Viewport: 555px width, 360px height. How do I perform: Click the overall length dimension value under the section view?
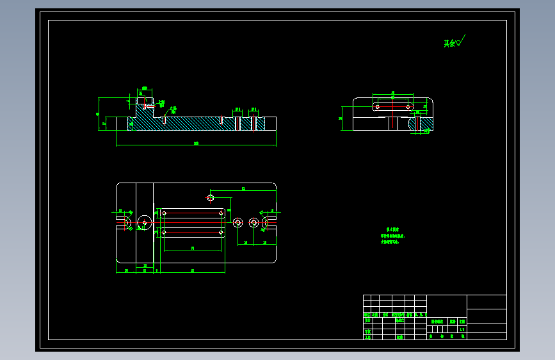[196, 143]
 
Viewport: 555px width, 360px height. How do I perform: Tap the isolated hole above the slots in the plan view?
[210, 197]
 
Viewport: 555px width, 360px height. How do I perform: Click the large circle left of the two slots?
[145, 222]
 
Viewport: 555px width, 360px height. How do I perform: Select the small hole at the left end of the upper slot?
[165, 213]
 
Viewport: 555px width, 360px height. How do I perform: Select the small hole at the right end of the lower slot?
[221, 232]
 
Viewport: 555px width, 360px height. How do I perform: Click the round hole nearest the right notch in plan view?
[253, 222]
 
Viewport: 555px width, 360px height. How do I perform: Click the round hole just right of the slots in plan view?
[237, 222]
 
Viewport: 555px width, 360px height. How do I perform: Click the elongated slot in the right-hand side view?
[393, 106]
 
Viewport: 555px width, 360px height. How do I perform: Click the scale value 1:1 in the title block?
[462, 329]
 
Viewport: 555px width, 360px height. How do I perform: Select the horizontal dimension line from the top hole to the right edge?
[243, 190]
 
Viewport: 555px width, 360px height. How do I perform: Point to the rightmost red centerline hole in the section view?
[255, 122]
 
